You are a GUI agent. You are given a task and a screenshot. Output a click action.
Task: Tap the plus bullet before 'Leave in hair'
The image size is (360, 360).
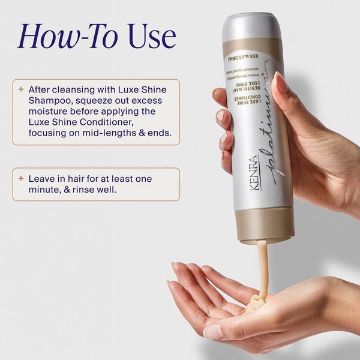[22, 179]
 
